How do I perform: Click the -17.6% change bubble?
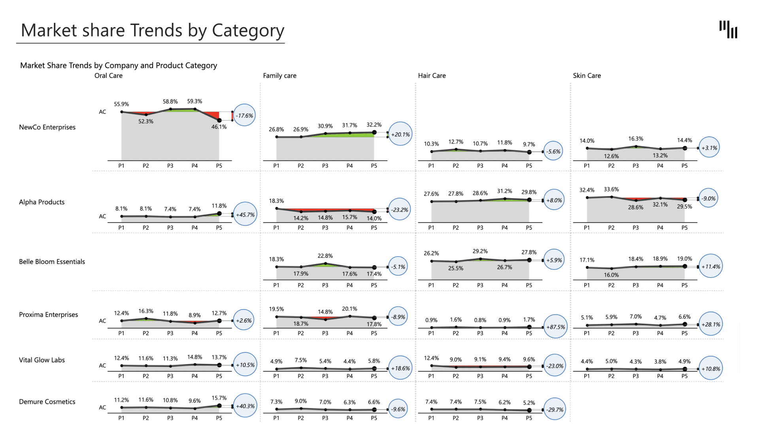244,115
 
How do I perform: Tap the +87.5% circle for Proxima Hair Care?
555,327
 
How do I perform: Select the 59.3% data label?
194,102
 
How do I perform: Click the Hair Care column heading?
432,76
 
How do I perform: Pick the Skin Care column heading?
587,76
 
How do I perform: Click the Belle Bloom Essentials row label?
52,262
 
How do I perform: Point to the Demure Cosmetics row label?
47,402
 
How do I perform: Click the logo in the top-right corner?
728,30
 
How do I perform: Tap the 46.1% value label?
219,127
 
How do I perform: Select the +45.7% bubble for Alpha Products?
245,215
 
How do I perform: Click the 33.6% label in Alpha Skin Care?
611,189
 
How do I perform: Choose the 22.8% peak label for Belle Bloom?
325,256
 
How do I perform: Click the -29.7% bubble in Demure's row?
555,410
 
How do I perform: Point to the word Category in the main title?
248,31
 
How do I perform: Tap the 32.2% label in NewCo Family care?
374,125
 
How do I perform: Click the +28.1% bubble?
710,324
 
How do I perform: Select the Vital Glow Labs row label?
42,360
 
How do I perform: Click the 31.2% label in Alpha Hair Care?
504,191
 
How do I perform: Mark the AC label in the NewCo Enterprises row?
102,112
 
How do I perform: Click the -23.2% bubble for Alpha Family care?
400,210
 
